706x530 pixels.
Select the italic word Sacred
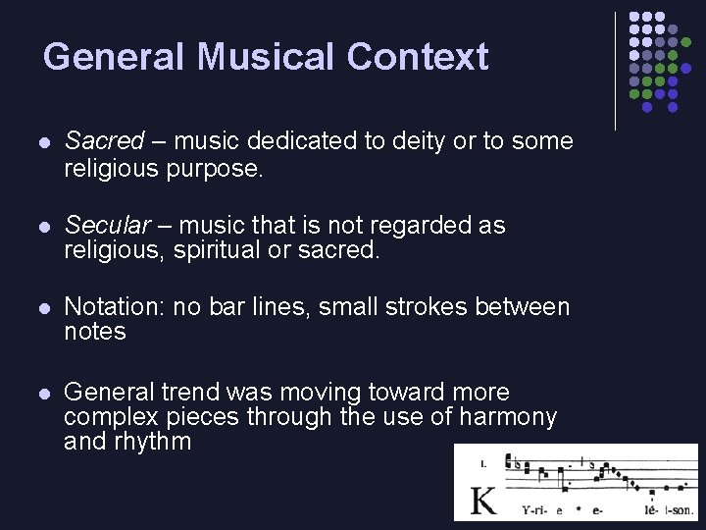104,141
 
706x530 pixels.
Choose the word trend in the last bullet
191,393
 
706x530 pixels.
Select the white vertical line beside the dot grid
615,71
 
